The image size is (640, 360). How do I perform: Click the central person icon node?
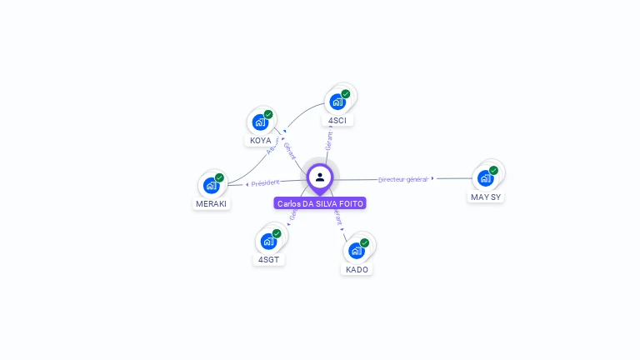point(320,177)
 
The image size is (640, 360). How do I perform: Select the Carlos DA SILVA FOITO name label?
point(320,203)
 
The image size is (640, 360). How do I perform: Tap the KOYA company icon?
point(260,122)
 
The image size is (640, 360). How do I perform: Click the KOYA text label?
point(261,141)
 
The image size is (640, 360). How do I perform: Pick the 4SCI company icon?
point(337,102)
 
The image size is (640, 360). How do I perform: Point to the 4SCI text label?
point(337,121)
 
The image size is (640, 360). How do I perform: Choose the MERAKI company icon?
point(211,185)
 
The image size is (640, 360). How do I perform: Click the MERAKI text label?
point(211,204)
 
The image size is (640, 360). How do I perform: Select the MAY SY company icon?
point(485,177)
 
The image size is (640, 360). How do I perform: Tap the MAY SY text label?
point(486,197)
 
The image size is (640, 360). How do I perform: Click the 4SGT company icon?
point(268,241)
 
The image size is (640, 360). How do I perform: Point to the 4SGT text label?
point(269,260)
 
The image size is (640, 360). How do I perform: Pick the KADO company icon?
point(356,250)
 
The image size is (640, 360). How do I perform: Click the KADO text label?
point(357,270)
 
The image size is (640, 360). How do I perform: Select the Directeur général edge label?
point(402,179)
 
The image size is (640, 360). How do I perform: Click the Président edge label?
point(265,182)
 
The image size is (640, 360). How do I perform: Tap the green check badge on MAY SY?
point(493,170)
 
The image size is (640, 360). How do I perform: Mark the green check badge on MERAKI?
point(219,177)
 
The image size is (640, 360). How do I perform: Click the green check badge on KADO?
point(364,242)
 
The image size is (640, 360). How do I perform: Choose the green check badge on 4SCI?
point(345,94)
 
